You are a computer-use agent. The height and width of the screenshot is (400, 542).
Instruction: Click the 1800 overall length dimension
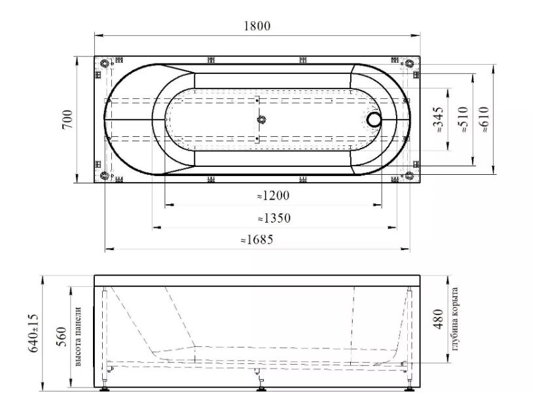(x=257, y=26)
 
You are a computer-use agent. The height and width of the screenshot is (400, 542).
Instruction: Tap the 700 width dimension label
(x=67, y=119)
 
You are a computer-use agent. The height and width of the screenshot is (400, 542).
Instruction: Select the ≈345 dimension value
(x=438, y=120)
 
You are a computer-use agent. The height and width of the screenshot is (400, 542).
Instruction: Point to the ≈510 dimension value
(x=463, y=120)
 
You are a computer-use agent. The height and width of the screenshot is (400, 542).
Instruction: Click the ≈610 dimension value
(x=484, y=119)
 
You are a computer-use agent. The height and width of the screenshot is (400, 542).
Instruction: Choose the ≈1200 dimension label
(x=273, y=196)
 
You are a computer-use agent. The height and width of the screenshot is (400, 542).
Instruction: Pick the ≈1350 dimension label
(x=274, y=218)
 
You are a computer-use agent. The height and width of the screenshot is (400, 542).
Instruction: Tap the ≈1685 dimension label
(x=257, y=239)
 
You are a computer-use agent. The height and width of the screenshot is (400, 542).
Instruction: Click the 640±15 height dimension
(x=33, y=333)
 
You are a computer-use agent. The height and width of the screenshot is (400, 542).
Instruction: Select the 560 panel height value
(x=61, y=337)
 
